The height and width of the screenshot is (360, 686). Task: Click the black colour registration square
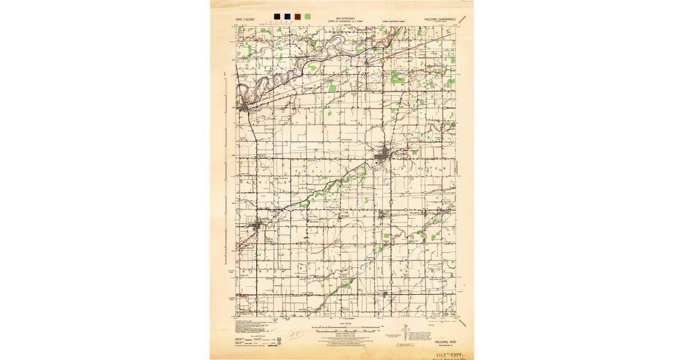[x=277, y=17]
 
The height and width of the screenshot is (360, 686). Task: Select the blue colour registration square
[x=287, y=17]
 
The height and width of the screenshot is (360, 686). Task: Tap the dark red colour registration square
[x=298, y=17]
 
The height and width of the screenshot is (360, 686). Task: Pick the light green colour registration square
[x=308, y=17]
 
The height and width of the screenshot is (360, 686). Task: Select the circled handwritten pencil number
[x=294, y=333]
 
